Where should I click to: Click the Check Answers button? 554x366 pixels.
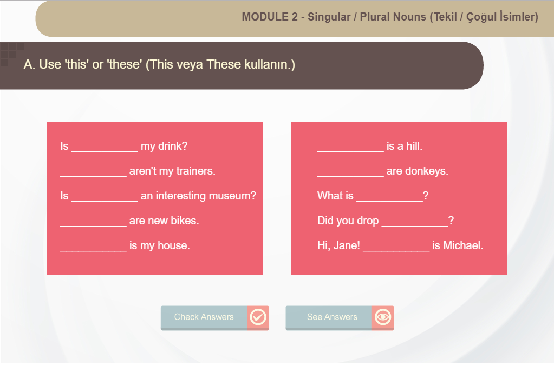(x=215, y=318)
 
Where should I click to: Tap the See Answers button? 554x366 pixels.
(x=340, y=318)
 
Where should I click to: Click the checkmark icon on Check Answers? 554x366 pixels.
(x=258, y=317)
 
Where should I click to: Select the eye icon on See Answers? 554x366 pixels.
(x=383, y=317)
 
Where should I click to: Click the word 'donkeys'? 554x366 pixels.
(x=426, y=171)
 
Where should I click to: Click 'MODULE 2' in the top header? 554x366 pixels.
(x=270, y=17)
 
